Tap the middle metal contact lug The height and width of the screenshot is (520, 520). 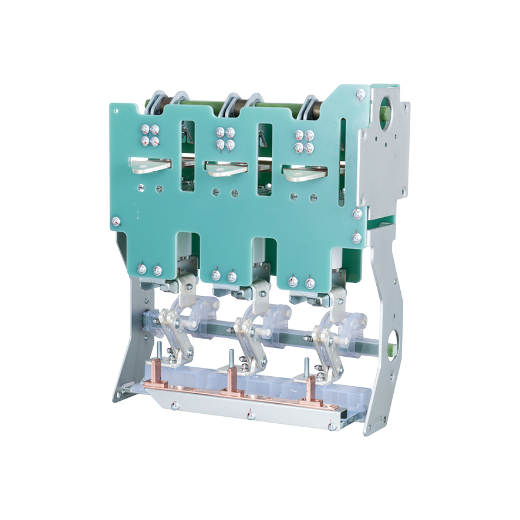pyautogui.click(x=225, y=169)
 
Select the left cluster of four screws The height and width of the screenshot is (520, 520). pyautogui.click(x=149, y=135)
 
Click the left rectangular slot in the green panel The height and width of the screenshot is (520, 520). pyautogui.click(x=188, y=155)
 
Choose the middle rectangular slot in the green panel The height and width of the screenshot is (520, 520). pyautogui.click(x=265, y=159)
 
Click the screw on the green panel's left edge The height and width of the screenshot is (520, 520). pyautogui.click(x=116, y=221)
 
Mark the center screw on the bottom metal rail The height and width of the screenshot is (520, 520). pyautogui.click(x=251, y=415)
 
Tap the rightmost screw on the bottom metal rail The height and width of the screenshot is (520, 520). pyautogui.click(x=332, y=427)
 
